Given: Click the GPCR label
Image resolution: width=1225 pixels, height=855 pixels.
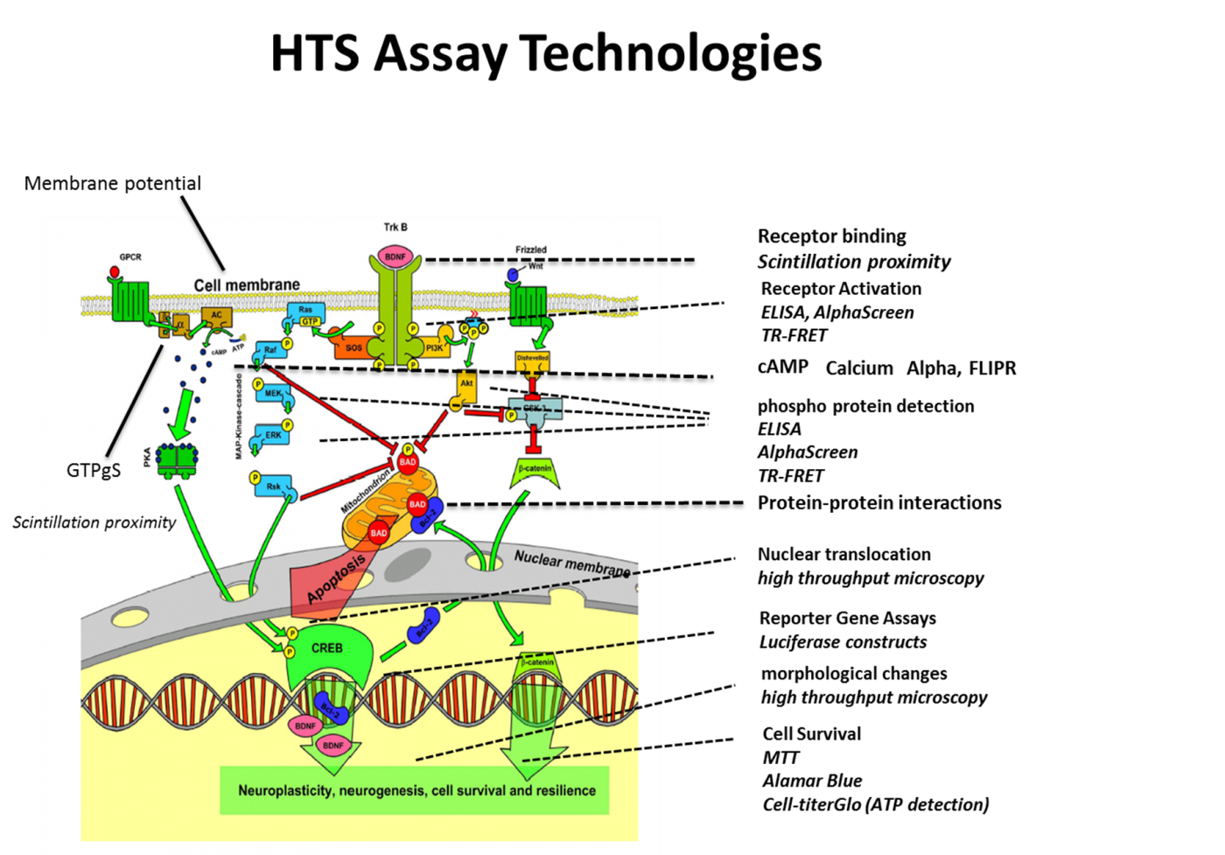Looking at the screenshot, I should point(130,257).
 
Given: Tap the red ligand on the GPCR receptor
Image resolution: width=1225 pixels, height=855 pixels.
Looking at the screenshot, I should point(114,271).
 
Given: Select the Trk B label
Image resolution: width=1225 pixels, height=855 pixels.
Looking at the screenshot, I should point(395,228).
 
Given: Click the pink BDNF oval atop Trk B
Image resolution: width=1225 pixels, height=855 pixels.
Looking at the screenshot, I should point(395,256).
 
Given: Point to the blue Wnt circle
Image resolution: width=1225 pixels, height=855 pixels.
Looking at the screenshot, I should point(513,275).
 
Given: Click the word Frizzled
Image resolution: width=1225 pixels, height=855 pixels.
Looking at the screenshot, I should point(530,249).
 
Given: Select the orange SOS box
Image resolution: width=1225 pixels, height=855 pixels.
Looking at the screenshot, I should point(352,347).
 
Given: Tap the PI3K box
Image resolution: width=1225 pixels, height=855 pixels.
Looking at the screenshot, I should point(434,347).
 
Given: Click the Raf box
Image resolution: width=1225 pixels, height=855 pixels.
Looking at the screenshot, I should point(270,351).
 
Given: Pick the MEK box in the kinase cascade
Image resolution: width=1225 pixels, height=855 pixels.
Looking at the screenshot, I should point(274,394).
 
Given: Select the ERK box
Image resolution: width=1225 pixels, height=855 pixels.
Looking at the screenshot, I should point(273,435).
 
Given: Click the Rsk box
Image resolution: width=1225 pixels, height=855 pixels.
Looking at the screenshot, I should point(274,487).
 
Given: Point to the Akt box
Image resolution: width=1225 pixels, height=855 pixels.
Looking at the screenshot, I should point(466,384).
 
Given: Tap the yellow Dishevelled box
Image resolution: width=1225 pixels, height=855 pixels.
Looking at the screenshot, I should point(532,359).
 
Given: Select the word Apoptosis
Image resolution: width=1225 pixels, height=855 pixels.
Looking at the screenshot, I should point(336,578).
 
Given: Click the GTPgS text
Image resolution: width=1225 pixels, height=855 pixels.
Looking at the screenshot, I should point(94,470).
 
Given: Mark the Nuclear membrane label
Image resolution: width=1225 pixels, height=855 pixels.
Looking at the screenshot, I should point(571,563).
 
